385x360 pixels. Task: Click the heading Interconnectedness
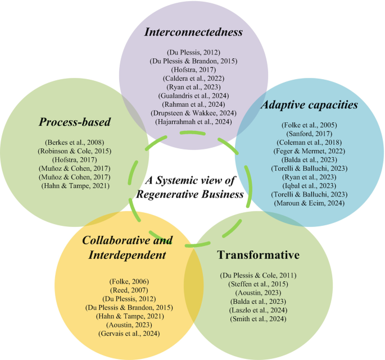click(193, 31)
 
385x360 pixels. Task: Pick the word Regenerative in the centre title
click(171, 194)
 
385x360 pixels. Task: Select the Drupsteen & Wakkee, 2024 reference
click(193, 112)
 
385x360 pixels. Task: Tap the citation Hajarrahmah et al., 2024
click(193, 121)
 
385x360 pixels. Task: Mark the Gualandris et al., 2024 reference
click(193, 95)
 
